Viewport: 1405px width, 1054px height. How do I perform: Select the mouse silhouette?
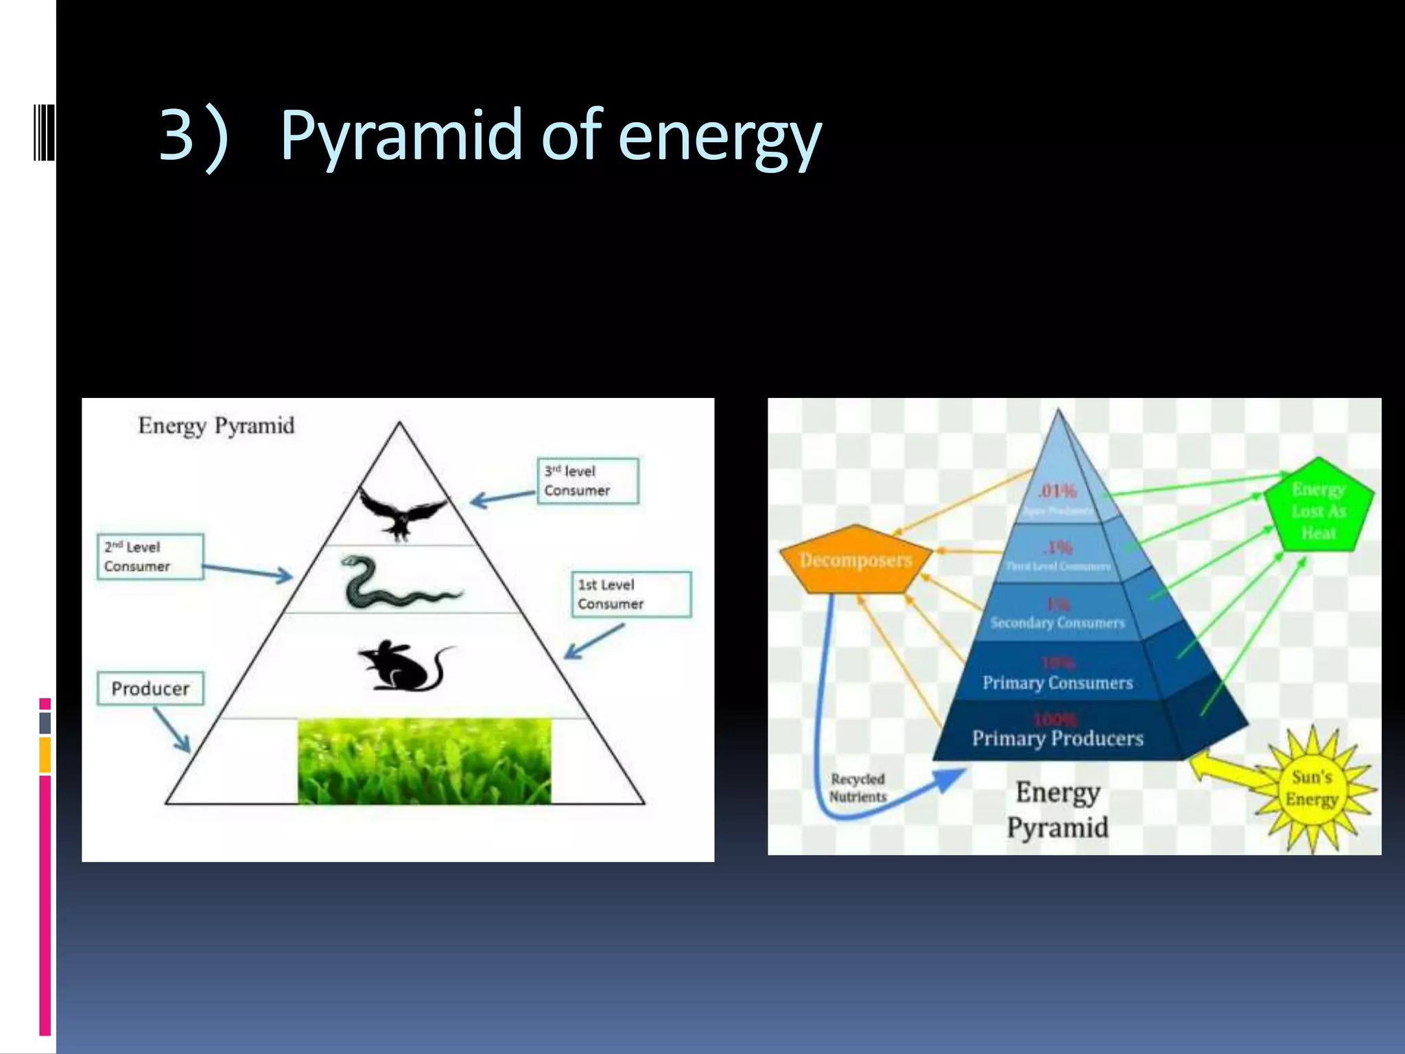pos(405,666)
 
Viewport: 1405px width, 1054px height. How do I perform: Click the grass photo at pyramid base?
pos(424,760)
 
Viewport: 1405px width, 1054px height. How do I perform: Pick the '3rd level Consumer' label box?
pos(587,481)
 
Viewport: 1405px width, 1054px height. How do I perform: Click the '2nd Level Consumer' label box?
pos(150,557)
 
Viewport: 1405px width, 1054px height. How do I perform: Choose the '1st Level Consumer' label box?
pos(630,594)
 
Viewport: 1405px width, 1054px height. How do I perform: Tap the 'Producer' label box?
pos(150,688)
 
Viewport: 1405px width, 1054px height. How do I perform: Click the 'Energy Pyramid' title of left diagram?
pos(216,425)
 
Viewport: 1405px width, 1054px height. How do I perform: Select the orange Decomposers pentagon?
pos(855,560)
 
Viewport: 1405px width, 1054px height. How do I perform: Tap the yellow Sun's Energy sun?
pos(1312,788)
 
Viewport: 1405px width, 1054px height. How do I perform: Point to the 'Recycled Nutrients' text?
pos(858,788)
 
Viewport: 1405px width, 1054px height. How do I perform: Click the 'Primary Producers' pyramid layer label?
pos(1057,738)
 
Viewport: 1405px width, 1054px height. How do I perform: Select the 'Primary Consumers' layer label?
pos(1057,683)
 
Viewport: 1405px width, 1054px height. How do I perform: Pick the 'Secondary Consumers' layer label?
pos(1057,623)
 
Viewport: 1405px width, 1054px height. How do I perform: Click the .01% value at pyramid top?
pos(1057,491)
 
